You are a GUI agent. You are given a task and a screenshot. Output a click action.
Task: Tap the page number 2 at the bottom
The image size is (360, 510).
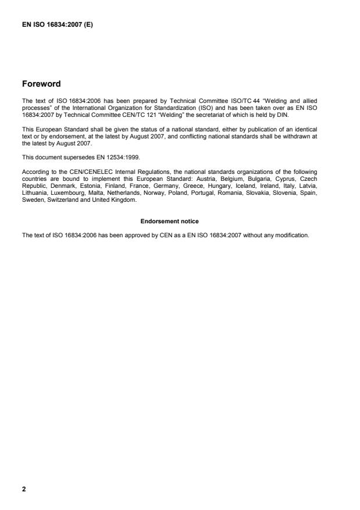pos(24,488)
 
